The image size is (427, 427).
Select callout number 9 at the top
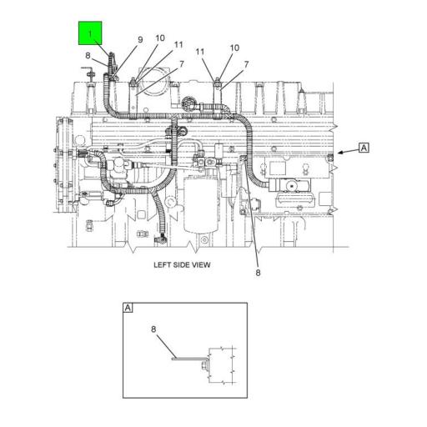click(140, 39)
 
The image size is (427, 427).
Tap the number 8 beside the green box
click(87, 56)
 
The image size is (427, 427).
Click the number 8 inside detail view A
click(153, 329)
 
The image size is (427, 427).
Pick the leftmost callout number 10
click(159, 38)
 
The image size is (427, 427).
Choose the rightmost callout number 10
click(234, 48)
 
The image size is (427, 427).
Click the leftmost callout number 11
click(178, 44)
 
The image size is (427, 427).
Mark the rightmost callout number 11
click(200, 52)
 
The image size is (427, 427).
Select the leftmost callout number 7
click(180, 64)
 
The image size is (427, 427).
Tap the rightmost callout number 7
click(246, 64)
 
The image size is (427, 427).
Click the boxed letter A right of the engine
click(364, 148)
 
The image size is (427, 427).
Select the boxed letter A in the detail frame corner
click(128, 308)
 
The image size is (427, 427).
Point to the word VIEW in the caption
click(200, 264)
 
